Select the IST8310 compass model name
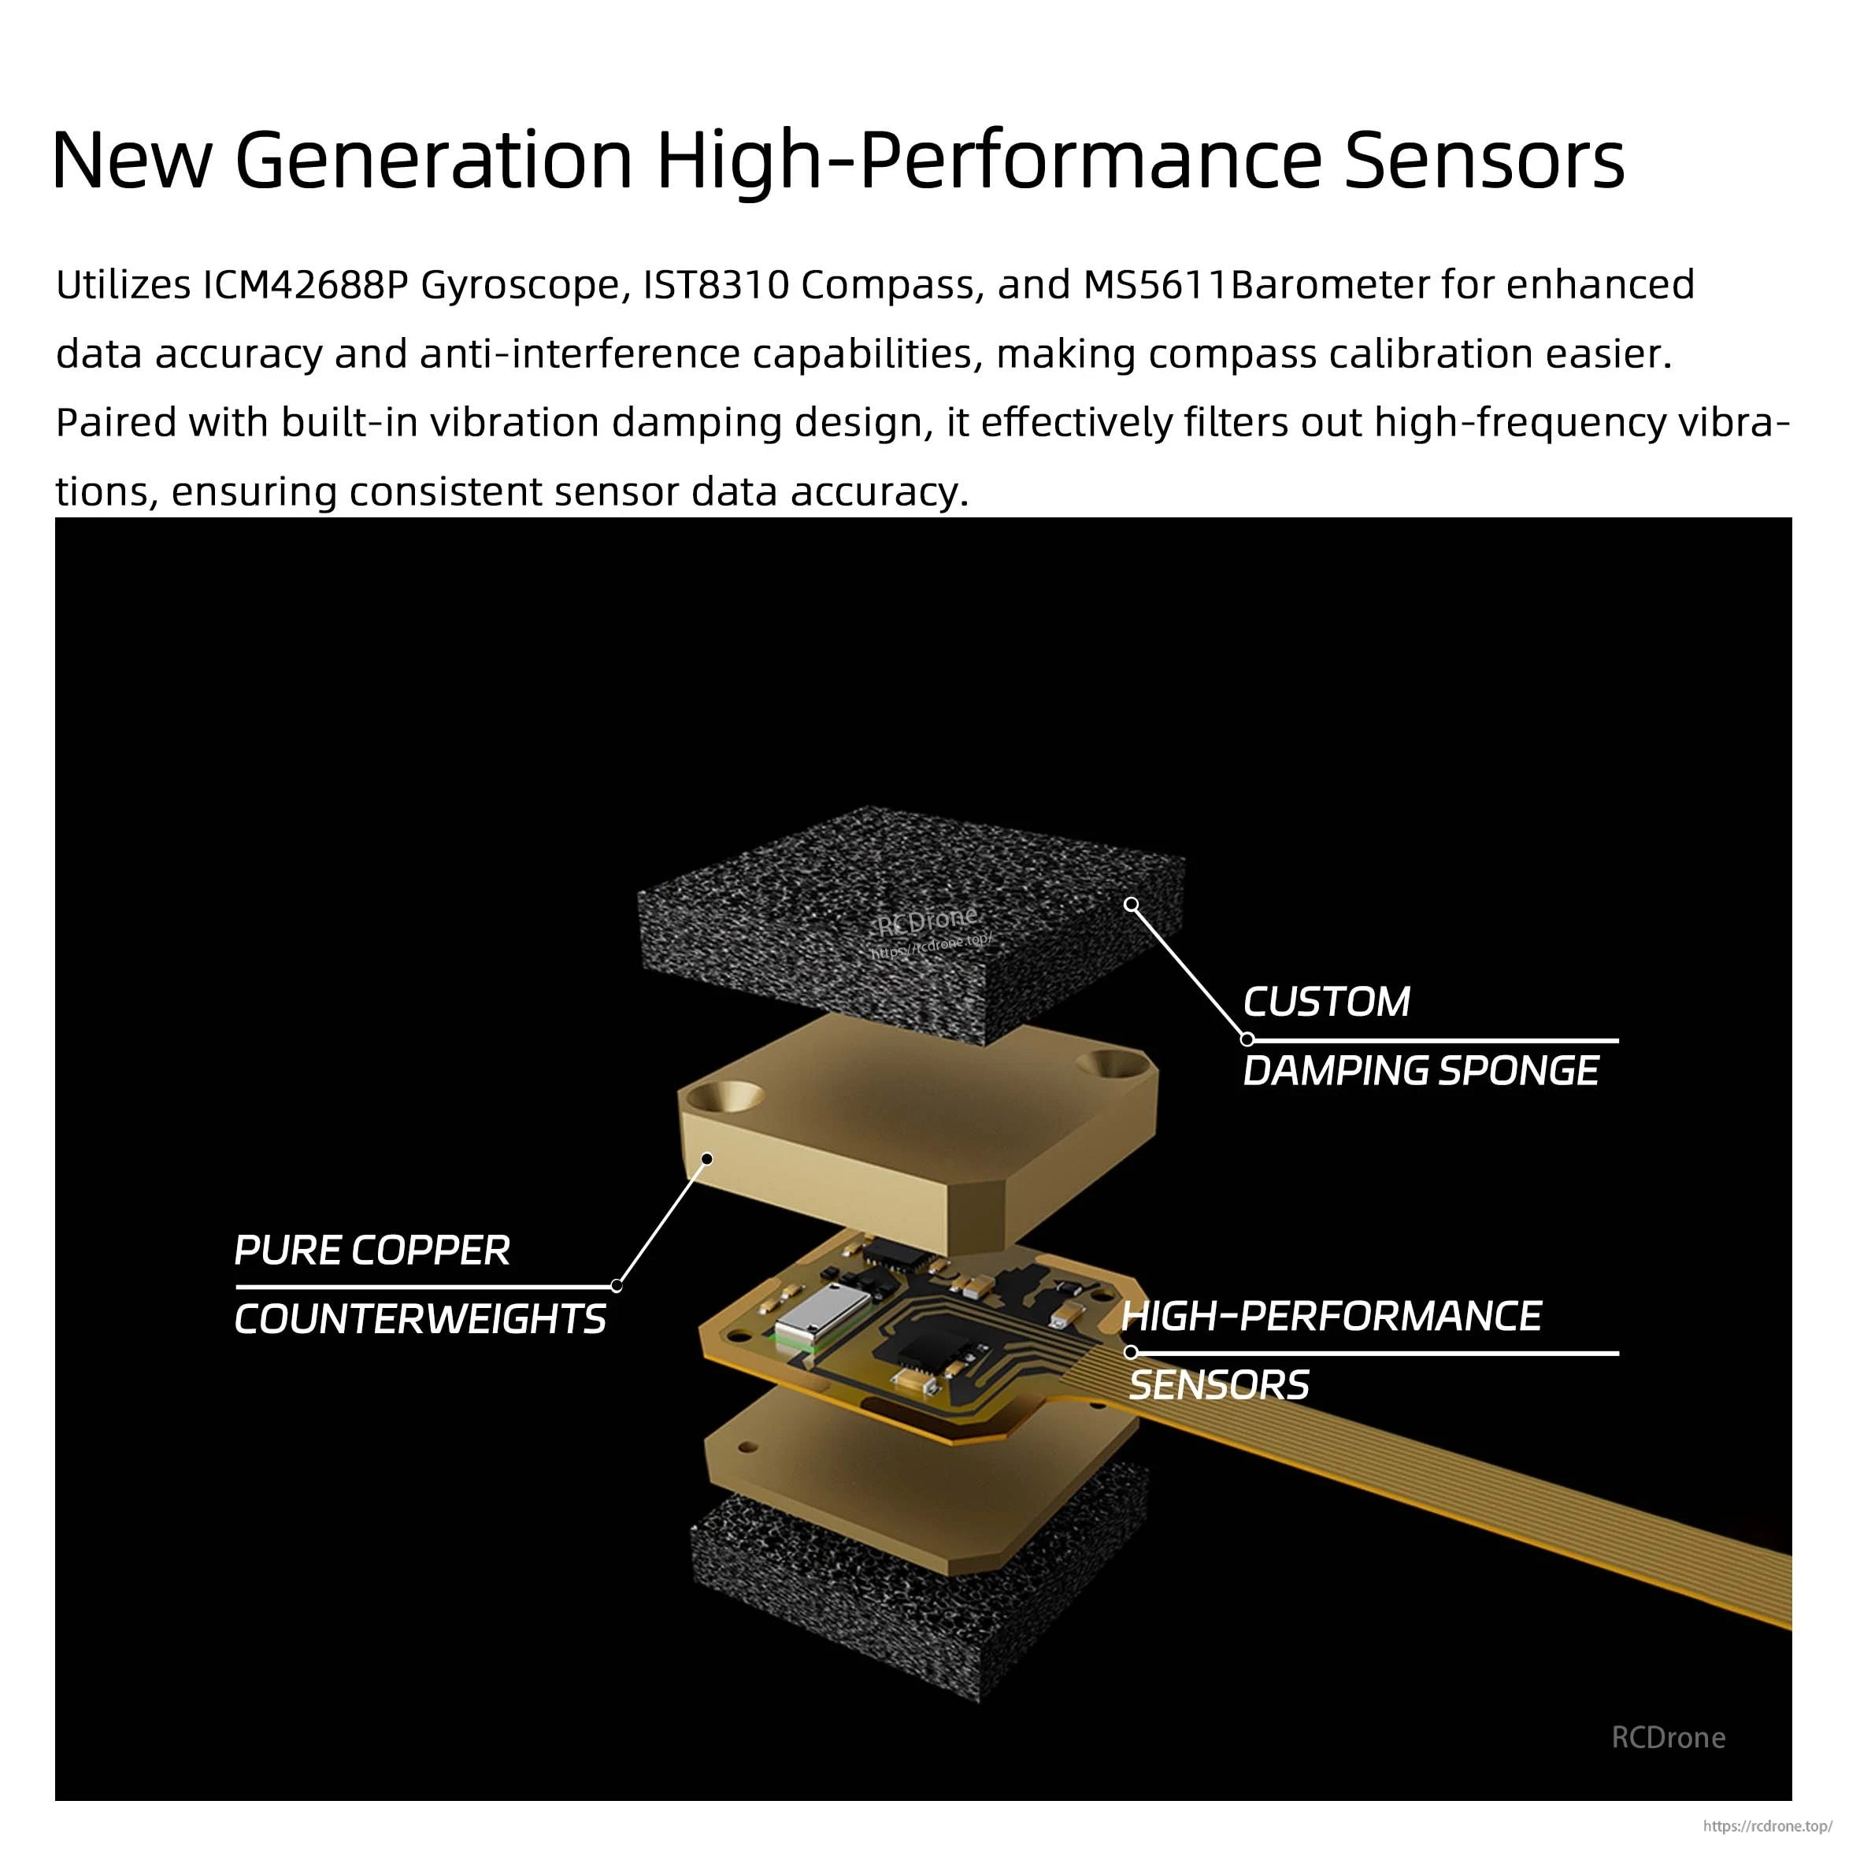(x=715, y=285)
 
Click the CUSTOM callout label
(x=1325, y=1002)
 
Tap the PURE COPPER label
(x=372, y=1250)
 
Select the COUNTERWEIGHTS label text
(x=420, y=1319)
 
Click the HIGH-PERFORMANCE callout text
(x=1332, y=1316)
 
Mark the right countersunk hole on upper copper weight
(x=1112, y=1064)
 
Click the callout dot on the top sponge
(x=1132, y=904)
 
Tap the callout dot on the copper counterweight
(x=706, y=1159)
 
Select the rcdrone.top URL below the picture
(x=1766, y=1825)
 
